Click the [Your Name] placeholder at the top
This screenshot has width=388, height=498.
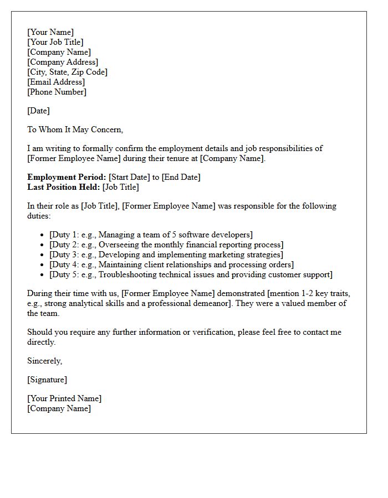point(50,32)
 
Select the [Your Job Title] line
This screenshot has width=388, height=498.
point(55,42)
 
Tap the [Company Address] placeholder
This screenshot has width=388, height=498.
point(63,62)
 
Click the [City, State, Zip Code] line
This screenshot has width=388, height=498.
point(67,72)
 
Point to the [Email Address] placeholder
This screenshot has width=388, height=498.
point(56,82)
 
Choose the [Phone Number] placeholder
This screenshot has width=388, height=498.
point(57,92)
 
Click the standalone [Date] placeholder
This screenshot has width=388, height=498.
point(38,111)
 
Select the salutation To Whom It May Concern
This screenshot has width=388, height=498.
point(75,129)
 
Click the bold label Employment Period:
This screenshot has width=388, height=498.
point(67,177)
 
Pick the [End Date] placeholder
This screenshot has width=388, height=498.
point(181,177)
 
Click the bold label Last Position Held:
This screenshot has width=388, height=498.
point(64,187)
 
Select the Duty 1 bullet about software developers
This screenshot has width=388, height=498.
point(151,235)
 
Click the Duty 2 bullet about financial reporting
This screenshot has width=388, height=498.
point(166,245)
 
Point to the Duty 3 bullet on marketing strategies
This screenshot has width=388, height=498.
point(166,255)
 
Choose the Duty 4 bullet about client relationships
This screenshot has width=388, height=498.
point(171,264)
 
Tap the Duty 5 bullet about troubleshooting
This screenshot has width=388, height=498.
point(191,274)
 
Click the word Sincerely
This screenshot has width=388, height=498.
point(45,361)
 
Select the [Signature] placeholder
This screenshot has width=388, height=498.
point(47,380)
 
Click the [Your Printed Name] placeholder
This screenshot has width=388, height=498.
point(64,398)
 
